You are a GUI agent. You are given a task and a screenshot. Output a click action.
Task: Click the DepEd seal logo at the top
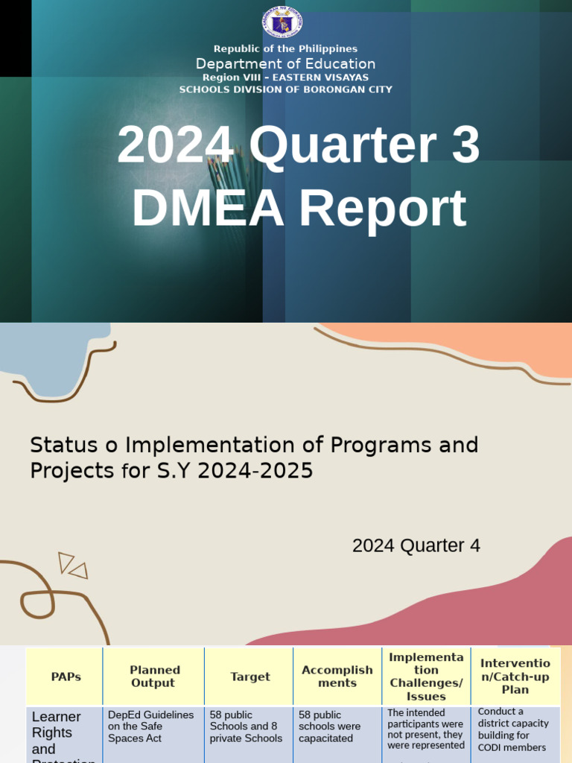tap(282, 22)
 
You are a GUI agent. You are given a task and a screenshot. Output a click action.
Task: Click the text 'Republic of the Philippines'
tap(285, 49)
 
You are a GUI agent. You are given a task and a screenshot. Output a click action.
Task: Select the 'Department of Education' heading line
tap(285, 64)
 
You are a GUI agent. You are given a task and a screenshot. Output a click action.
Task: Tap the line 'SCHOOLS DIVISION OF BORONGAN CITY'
tap(285, 89)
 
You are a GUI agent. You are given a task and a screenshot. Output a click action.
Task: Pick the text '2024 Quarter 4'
tap(416, 546)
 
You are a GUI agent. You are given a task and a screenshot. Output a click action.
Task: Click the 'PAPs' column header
tap(66, 677)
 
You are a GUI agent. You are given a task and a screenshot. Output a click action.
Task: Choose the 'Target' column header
tap(250, 677)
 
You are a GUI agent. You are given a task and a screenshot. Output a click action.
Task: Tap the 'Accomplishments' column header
tap(337, 677)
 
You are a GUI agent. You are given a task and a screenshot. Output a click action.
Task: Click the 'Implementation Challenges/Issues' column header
tap(427, 677)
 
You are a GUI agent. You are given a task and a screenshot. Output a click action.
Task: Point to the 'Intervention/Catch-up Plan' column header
tap(515, 677)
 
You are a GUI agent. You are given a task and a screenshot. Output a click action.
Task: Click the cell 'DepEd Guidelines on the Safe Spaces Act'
tap(151, 726)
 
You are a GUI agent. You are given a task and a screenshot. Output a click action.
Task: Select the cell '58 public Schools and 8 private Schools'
tap(247, 726)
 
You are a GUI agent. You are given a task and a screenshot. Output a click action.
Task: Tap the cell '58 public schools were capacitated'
tap(330, 726)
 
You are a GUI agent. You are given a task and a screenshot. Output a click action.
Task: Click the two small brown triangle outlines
tap(72, 566)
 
